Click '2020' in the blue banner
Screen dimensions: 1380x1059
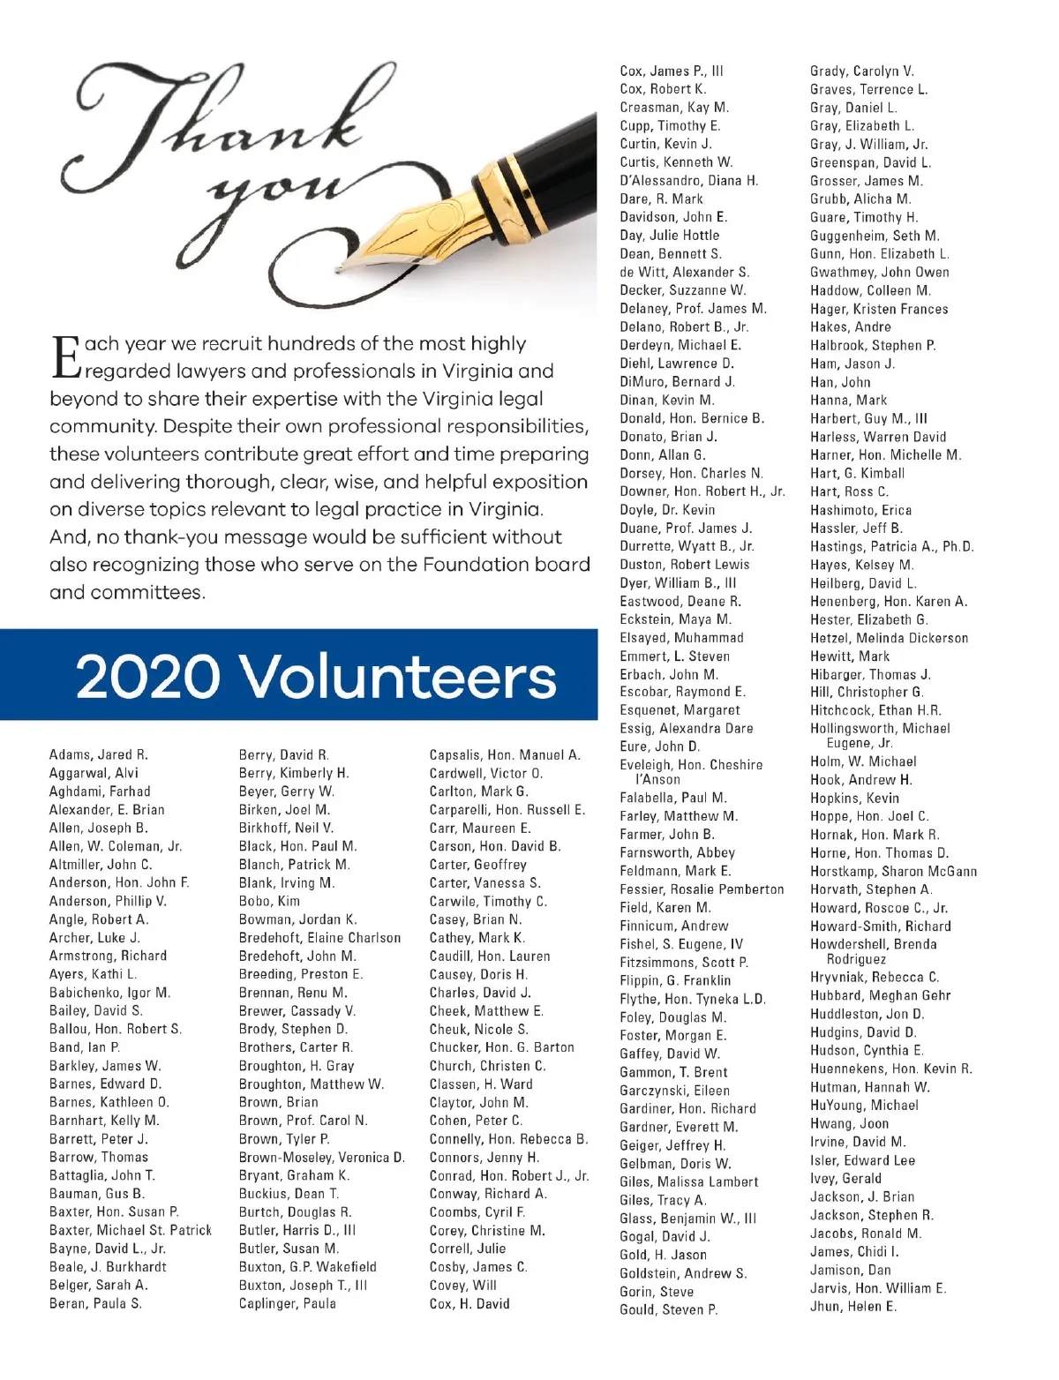147,677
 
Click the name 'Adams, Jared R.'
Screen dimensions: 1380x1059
99,755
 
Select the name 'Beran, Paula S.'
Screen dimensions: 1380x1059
95,1304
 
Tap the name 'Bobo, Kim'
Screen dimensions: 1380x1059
269,902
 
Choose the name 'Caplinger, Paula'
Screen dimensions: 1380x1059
288,1304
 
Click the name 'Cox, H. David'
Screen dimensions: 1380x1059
469,1304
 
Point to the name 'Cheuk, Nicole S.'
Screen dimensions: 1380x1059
479,1030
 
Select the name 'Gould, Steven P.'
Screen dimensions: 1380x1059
669,1310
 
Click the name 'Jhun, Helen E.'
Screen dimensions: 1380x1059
853,1307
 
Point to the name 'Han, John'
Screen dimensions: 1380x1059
840,382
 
